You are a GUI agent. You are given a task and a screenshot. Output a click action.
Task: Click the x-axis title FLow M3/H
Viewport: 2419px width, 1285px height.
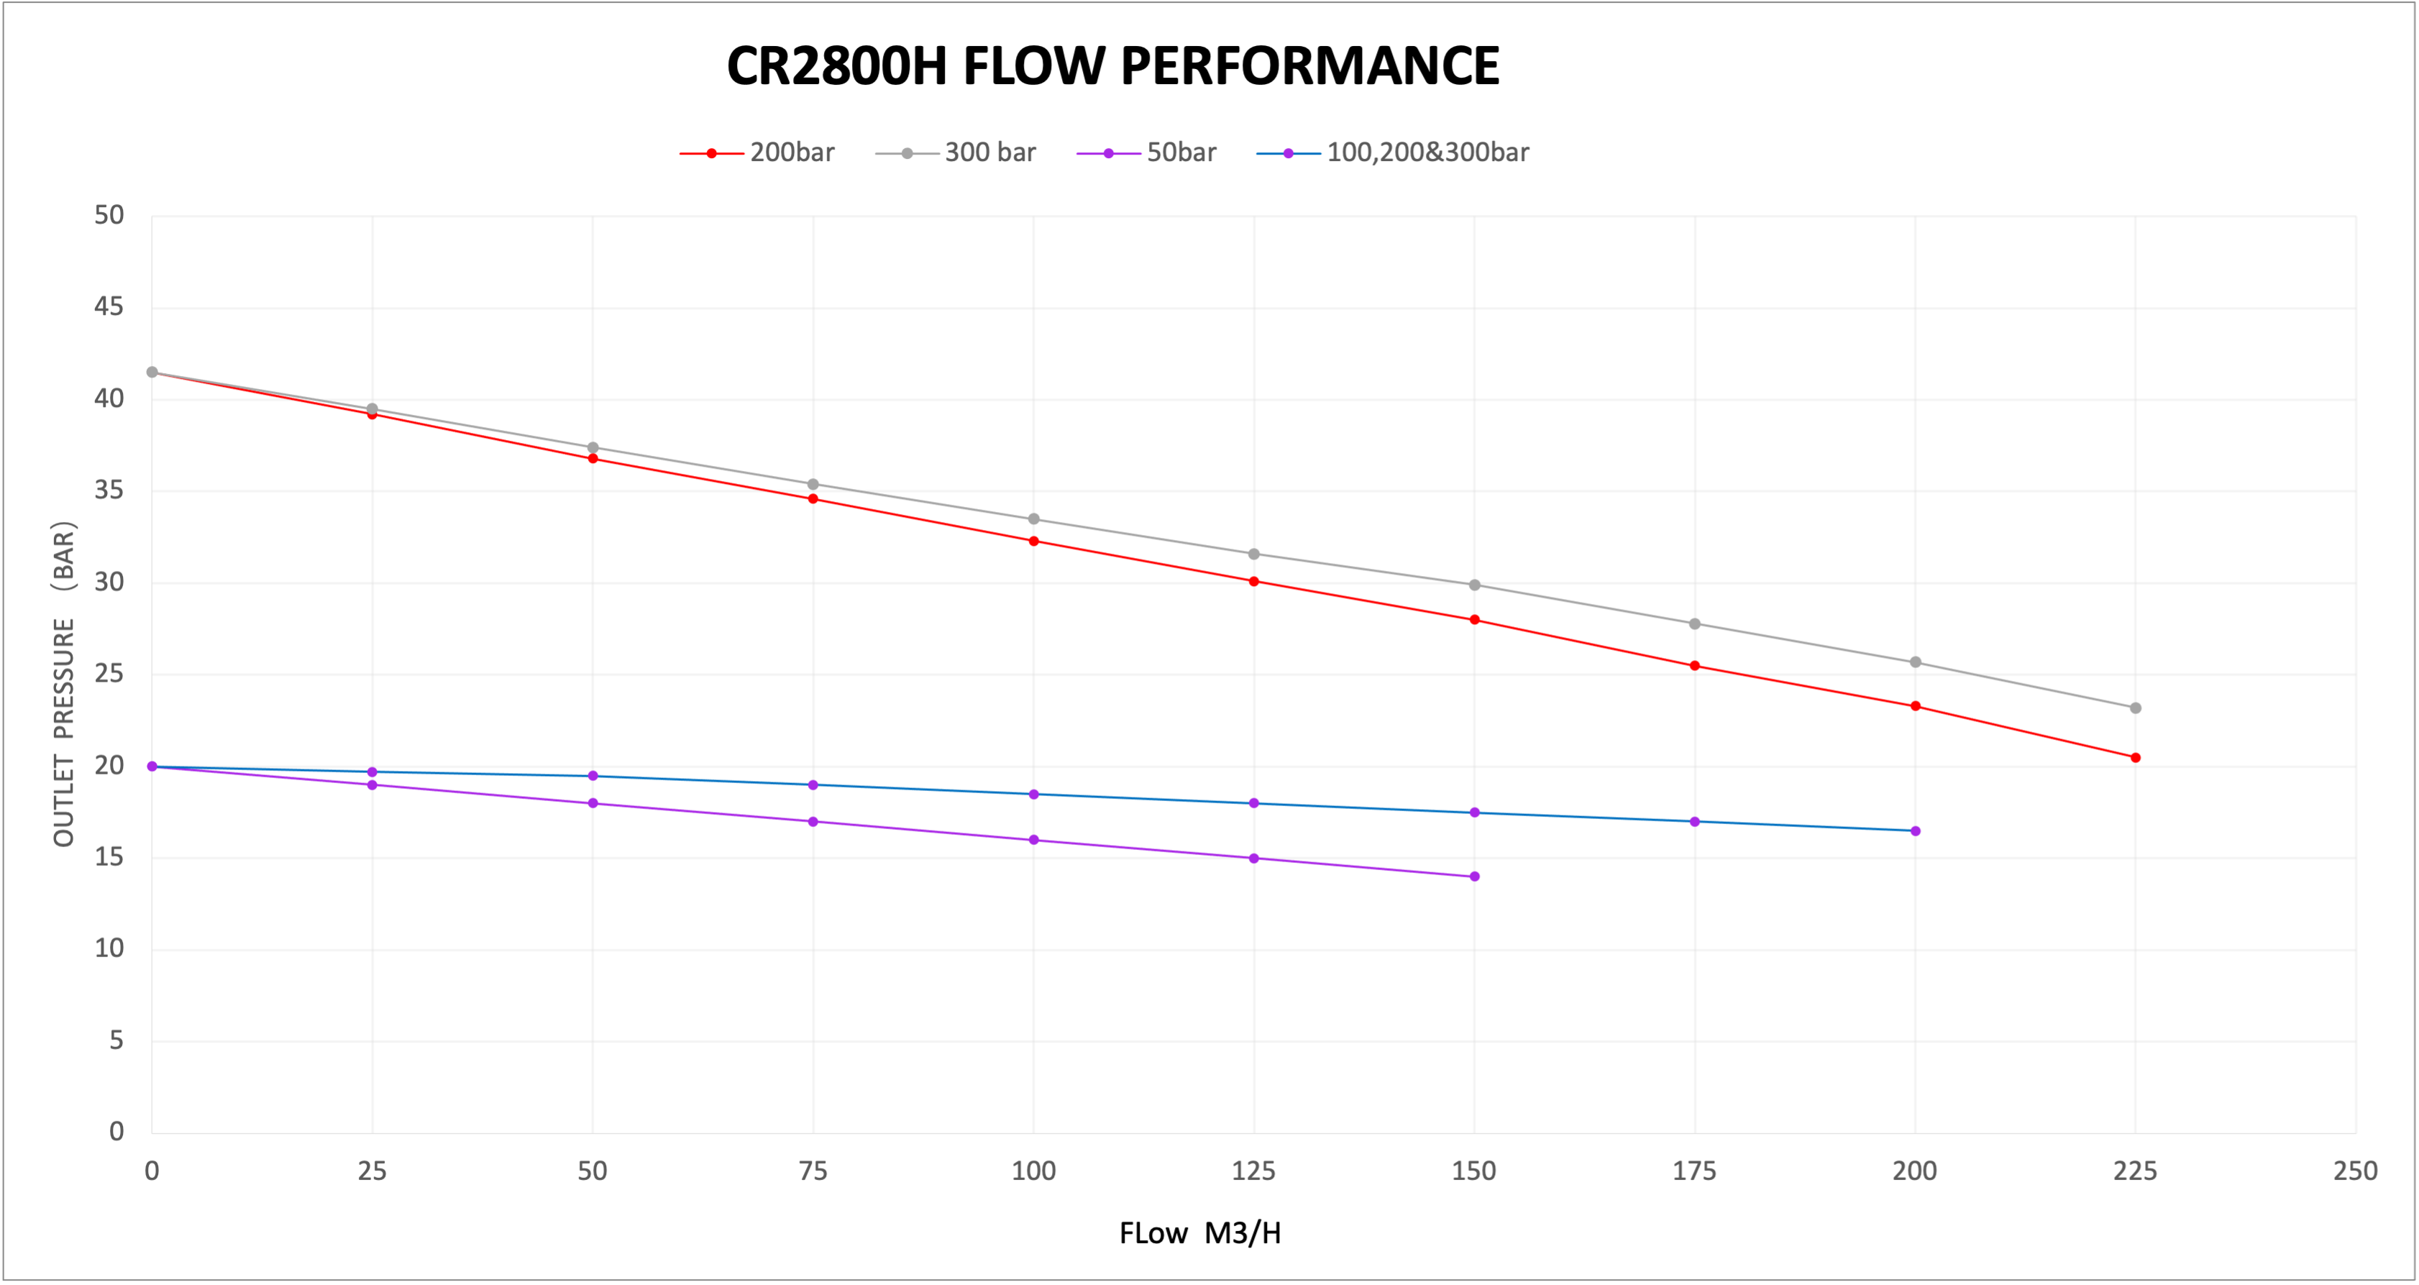[1199, 1233]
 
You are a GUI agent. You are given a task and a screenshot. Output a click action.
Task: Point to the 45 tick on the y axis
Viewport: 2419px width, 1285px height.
[109, 307]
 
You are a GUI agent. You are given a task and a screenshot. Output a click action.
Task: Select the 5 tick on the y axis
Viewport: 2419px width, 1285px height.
[116, 1041]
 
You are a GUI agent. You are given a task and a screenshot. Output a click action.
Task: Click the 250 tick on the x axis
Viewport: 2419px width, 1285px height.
[2355, 1171]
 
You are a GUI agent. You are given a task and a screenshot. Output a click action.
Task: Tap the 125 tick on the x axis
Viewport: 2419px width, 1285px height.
[1253, 1171]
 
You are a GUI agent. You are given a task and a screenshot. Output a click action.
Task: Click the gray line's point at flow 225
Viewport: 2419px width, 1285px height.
[2136, 708]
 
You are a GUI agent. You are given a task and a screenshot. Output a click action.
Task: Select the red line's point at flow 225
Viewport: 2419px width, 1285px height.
[2136, 758]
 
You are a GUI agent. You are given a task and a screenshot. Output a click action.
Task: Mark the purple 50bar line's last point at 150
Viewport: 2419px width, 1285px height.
[1474, 877]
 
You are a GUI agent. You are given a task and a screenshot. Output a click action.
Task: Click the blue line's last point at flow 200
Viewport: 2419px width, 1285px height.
[1916, 831]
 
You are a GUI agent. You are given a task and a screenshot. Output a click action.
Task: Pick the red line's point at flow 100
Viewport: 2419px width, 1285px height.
[1034, 541]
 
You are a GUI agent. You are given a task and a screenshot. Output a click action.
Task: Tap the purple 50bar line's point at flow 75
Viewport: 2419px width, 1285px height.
[813, 822]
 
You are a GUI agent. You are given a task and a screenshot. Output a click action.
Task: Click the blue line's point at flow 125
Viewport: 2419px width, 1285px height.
[1253, 804]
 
